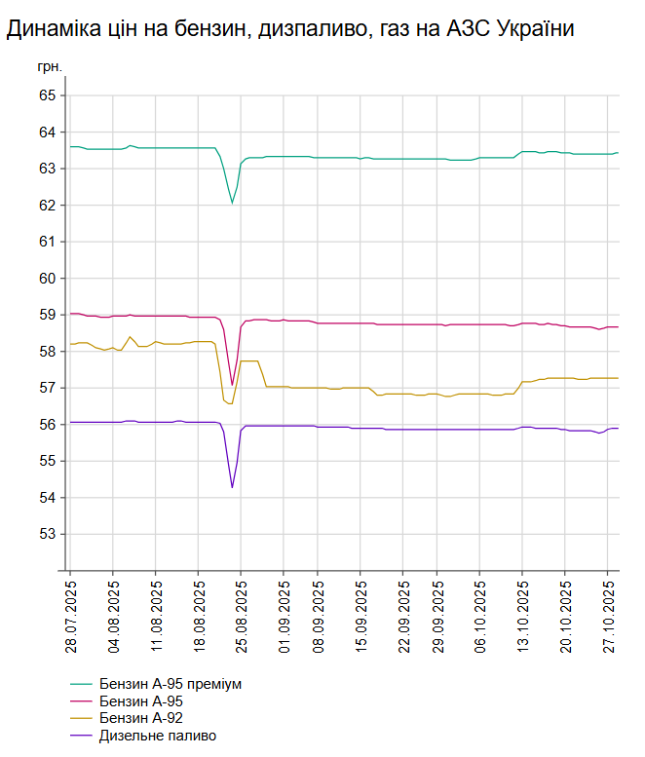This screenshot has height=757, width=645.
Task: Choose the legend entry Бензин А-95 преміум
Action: [x=170, y=684]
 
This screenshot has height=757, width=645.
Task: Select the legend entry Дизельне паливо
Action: [x=157, y=736]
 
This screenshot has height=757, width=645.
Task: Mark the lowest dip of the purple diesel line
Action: [x=232, y=487]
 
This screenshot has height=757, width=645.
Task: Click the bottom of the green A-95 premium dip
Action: [x=232, y=203]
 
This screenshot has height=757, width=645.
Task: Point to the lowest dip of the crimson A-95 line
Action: [x=232, y=385]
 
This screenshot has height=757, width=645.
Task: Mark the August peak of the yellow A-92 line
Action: [x=131, y=337]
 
